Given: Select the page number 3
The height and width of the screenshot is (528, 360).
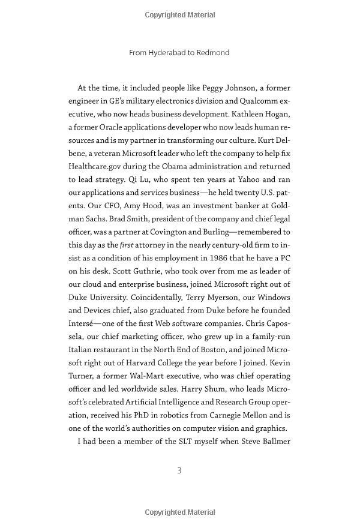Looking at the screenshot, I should [x=179, y=470].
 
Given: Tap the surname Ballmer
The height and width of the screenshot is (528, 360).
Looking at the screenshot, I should [x=271, y=441].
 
